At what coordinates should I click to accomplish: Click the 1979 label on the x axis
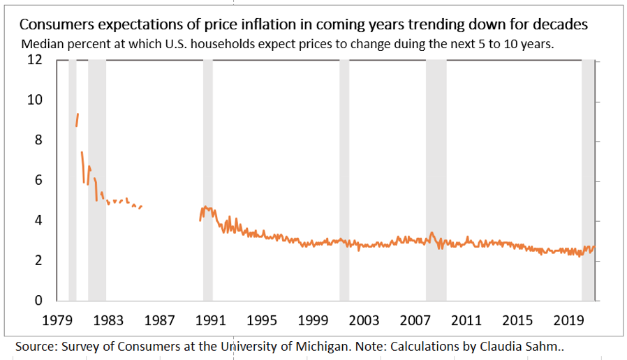click(x=58, y=320)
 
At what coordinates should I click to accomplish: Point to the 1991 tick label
click(x=210, y=320)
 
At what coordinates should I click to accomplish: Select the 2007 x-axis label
click(x=415, y=320)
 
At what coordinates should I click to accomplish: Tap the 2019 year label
click(x=569, y=320)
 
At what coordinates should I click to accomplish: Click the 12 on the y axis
click(x=35, y=60)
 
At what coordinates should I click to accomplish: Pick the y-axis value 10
click(x=35, y=100)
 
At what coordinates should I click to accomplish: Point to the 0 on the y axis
click(x=39, y=301)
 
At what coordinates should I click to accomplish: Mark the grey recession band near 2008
click(x=436, y=181)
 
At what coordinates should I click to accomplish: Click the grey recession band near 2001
click(x=344, y=181)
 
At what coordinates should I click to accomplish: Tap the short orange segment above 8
click(x=77, y=119)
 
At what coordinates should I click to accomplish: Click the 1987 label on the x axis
click(x=160, y=320)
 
